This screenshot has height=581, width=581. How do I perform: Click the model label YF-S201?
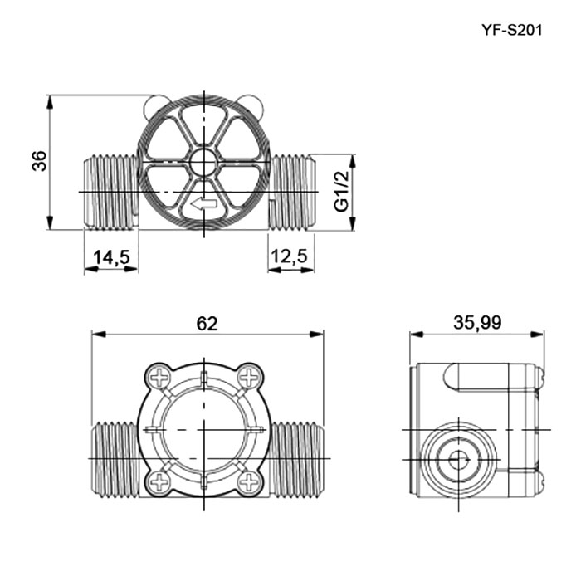(x=512, y=30)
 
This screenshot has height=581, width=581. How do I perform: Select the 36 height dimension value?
(x=39, y=161)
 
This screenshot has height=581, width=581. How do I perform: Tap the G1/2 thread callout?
(x=341, y=192)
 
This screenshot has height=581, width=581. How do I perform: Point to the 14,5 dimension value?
(x=111, y=256)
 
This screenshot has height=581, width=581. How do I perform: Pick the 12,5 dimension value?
(x=290, y=256)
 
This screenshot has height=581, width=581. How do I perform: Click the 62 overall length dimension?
(x=207, y=324)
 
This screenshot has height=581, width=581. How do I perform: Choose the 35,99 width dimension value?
(x=477, y=322)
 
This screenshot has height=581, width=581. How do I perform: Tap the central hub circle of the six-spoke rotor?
(x=204, y=162)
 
